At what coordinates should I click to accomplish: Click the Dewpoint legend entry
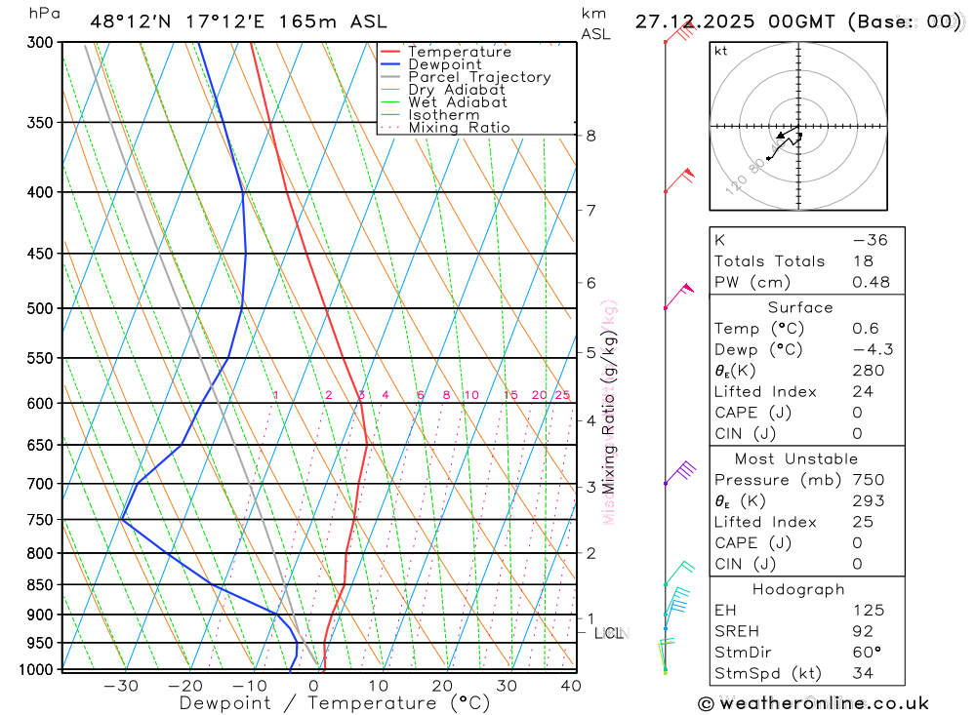pos(444,64)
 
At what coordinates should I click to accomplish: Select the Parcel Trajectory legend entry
pos(479,77)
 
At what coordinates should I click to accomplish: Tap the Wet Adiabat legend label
pos(458,102)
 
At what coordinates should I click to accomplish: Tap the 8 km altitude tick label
pos(590,136)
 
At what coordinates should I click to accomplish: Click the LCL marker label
pos(608,633)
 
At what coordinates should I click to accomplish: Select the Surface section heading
pos(800,307)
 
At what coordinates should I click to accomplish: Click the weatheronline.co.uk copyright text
pos(813,702)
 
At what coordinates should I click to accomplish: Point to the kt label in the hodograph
pos(721,51)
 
